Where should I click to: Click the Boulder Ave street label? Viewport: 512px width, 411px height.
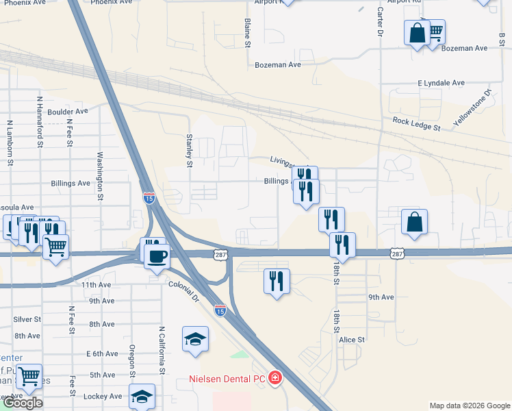pyautogui.click(x=68, y=111)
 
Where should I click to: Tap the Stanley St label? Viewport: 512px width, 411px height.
pyautogui.click(x=190, y=149)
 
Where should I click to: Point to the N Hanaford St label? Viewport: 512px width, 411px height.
pyautogui.click(x=40, y=123)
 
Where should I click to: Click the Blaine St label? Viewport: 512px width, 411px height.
pyautogui.click(x=248, y=33)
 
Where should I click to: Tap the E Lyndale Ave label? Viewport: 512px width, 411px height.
pyautogui.click(x=441, y=83)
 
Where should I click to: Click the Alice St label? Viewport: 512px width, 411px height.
pyautogui.click(x=352, y=339)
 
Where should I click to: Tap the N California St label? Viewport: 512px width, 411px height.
pyautogui.click(x=163, y=350)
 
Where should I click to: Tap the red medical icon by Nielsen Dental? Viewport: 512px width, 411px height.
pyautogui.click(x=274, y=378)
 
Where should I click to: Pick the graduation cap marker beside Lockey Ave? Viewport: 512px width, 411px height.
pyautogui.click(x=142, y=397)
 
